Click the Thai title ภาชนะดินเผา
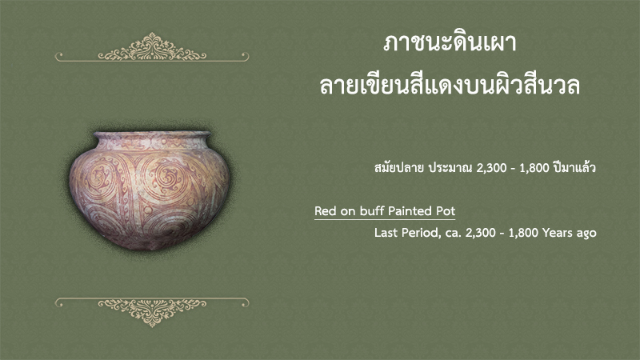(x=450, y=43)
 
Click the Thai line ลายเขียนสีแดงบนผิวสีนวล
(x=450, y=85)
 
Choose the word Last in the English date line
(x=386, y=233)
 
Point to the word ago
(x=586, y=234)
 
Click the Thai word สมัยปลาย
(x=398, y=167)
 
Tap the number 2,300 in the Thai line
(x=492, y=168)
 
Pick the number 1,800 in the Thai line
(x=534, y=168)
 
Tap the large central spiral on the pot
(x=166, y=178)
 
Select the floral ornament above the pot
(x=152, y=47)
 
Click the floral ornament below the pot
(x=152, y=312)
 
